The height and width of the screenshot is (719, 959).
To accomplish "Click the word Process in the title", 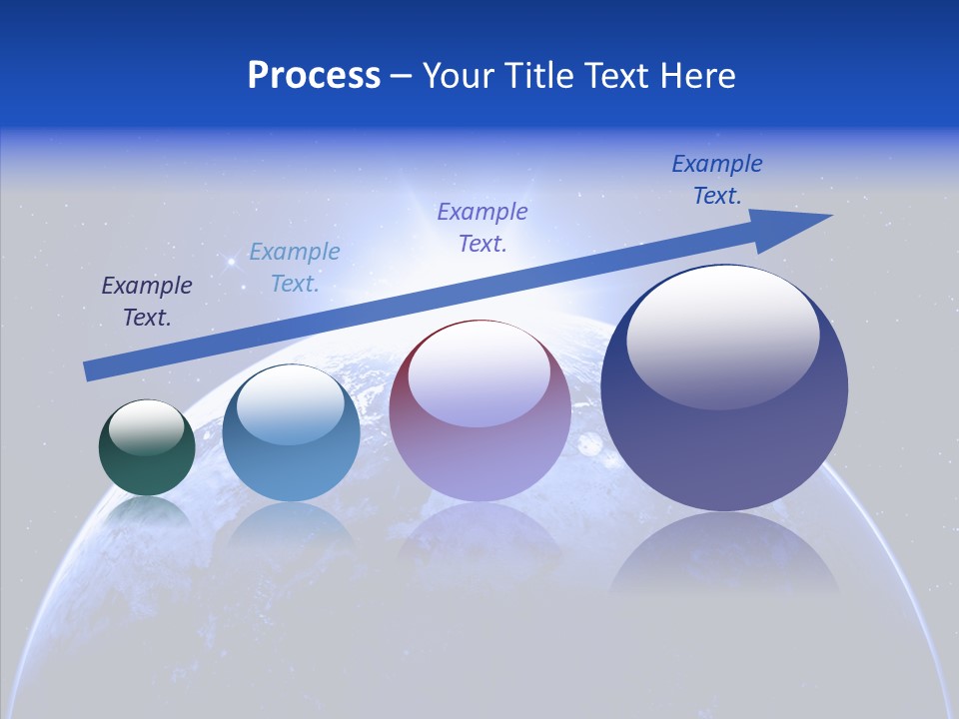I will [314, 76].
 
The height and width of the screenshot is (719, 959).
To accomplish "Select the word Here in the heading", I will [696, 76].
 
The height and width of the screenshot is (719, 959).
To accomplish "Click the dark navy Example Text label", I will [147, 302].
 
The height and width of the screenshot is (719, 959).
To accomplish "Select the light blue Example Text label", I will [295, 268].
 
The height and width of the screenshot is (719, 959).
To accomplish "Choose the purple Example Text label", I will [482, 227].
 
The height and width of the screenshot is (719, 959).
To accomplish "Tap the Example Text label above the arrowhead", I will [717, 180].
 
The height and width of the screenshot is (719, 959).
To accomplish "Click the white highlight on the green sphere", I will [147, 426].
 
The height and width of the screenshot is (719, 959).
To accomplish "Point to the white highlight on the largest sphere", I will [722, 338].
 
